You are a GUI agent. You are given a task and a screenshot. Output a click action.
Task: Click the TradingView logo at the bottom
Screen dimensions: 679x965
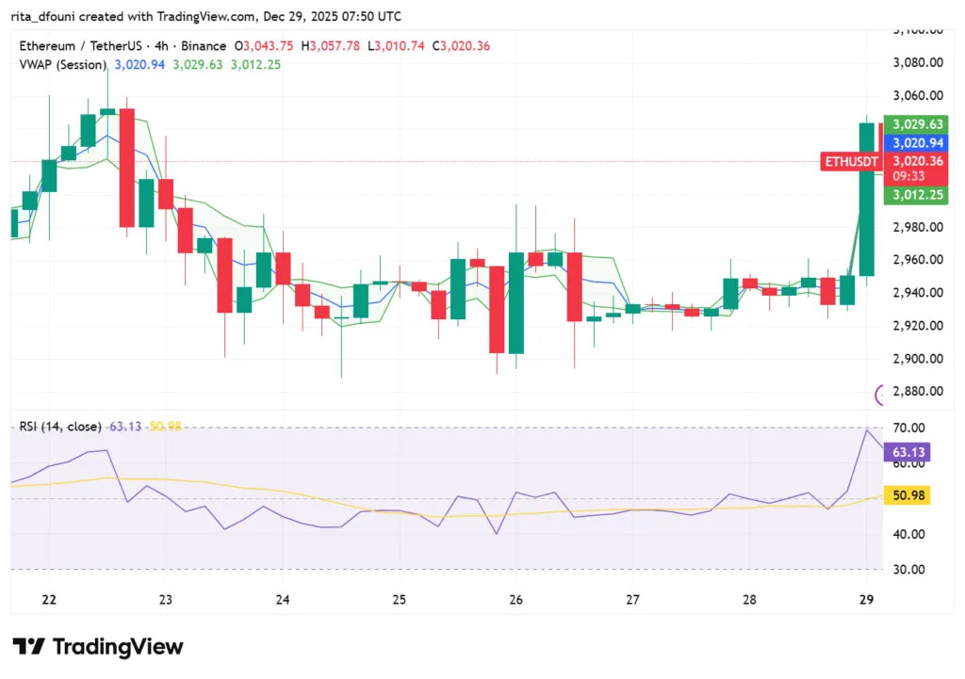pyautogui.click(x=98, y=647)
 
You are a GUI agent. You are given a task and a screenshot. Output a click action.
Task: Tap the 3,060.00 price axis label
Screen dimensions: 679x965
pyautogui.click(x=918, y=95)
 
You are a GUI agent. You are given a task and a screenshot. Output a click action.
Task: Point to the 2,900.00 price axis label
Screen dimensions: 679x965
pyautogui.click(x=918, y=358)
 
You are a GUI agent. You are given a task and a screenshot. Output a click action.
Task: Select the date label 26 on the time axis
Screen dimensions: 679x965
pyautogui.click(x=515, y=599)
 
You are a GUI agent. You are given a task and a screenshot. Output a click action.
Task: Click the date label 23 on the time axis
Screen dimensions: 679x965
pyautogui.click(x=166, y=599)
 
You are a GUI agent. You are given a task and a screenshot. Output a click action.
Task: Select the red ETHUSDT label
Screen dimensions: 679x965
pyautogui.click(x=851, y=162)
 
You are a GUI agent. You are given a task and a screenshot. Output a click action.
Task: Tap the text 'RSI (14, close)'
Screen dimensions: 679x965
pyautogui.click(x=60, y=427)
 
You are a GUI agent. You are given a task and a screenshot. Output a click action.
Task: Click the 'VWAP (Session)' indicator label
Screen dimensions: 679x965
pyautogui.click(x=63, y=64)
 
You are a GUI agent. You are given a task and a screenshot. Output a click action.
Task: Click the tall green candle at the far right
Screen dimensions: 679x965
pyautogui.click(x=866, y=198)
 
